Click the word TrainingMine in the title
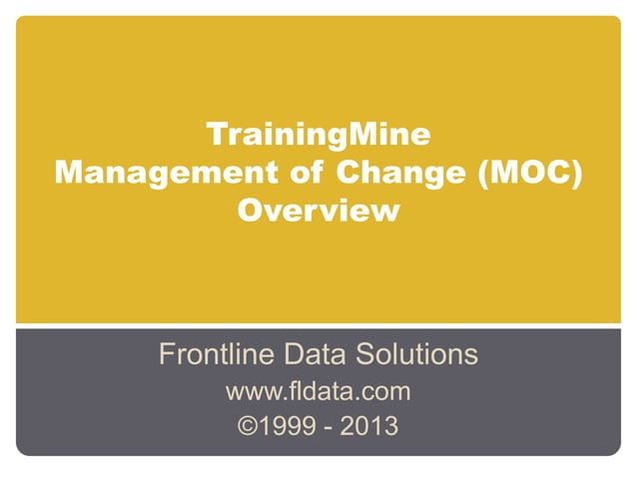click(318, 133)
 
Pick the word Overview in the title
click(318, 211)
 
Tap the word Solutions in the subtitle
click(419, 354)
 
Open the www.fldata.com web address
click(318, 391)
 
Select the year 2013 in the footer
click(368, 428)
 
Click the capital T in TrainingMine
click(214, 133)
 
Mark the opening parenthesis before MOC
click(481, 172)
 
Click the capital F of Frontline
click(168, 354)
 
